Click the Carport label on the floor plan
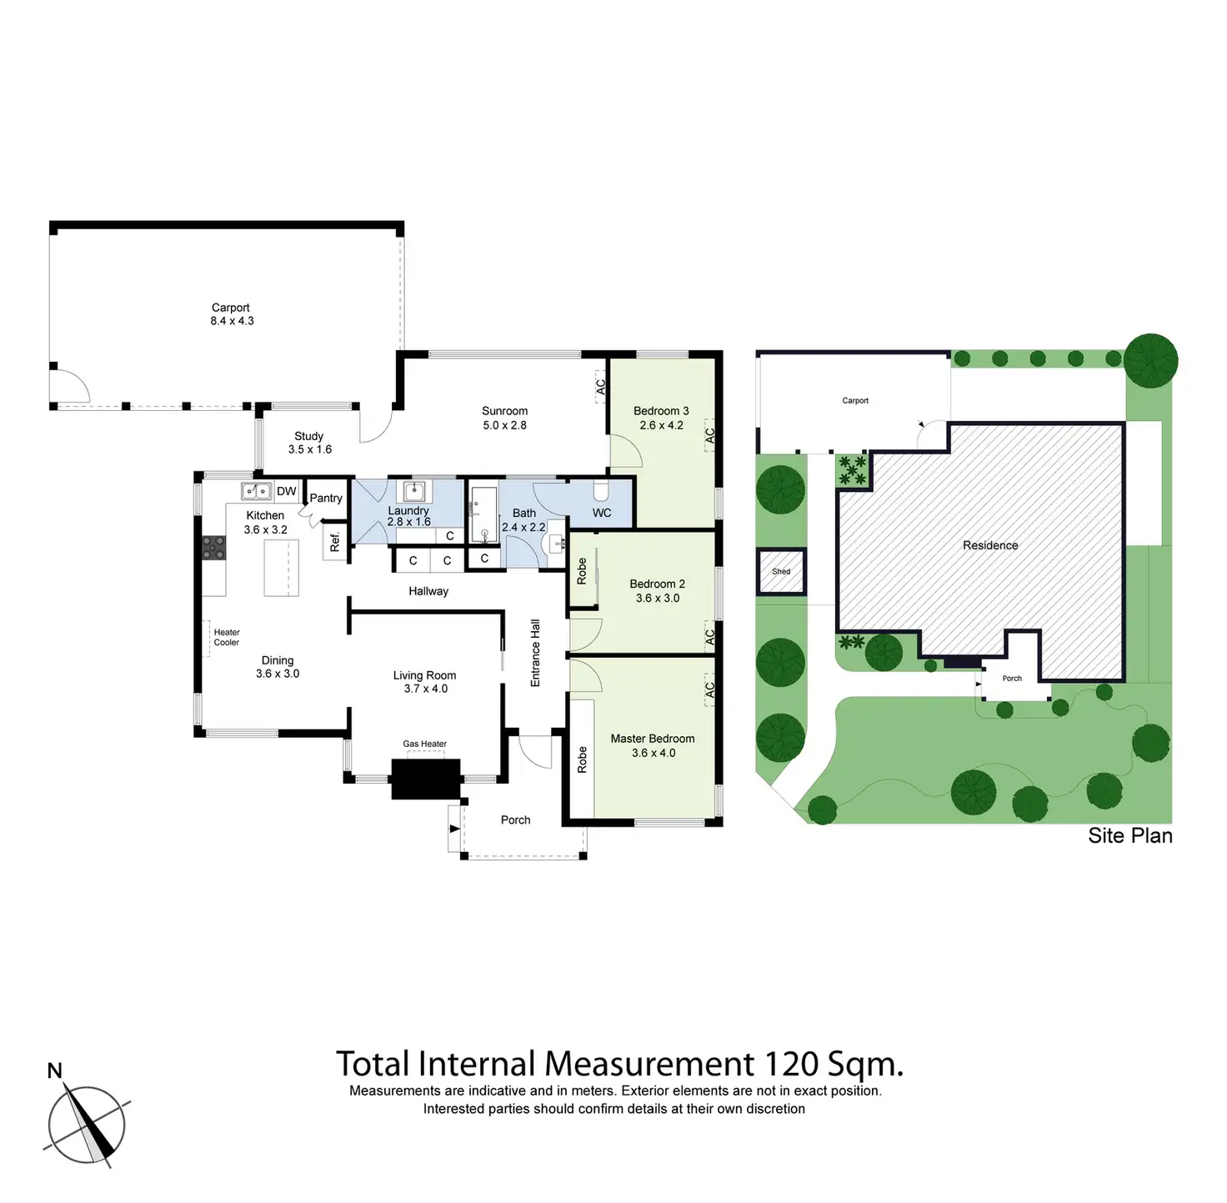click(x=231, y=308)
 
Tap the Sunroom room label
click(x=504, y=411)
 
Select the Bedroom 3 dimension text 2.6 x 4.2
click(x=661, y=425)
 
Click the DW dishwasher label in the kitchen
click(x=287, y=491)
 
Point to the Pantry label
click(x=326, y=498)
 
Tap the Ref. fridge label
click(x=335, y=542)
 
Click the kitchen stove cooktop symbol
click(x=213, y=547)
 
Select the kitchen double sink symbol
click(x=256, y=491)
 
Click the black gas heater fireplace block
click(x=426, y=779)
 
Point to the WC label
click(x=602, y=513)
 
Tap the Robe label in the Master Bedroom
click(x=582, y=759)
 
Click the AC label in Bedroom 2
click(x=709, y=636)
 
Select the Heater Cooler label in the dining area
click(x=226, y=637)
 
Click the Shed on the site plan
click(x=781, y=572)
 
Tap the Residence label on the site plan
click(x=990, y=545)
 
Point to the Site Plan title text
click(x=1129, y=835)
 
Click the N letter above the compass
click(x=54, y=1070)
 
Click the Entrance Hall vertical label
click(x=535, y=653)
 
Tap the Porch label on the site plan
click(x=1012, y=679)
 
